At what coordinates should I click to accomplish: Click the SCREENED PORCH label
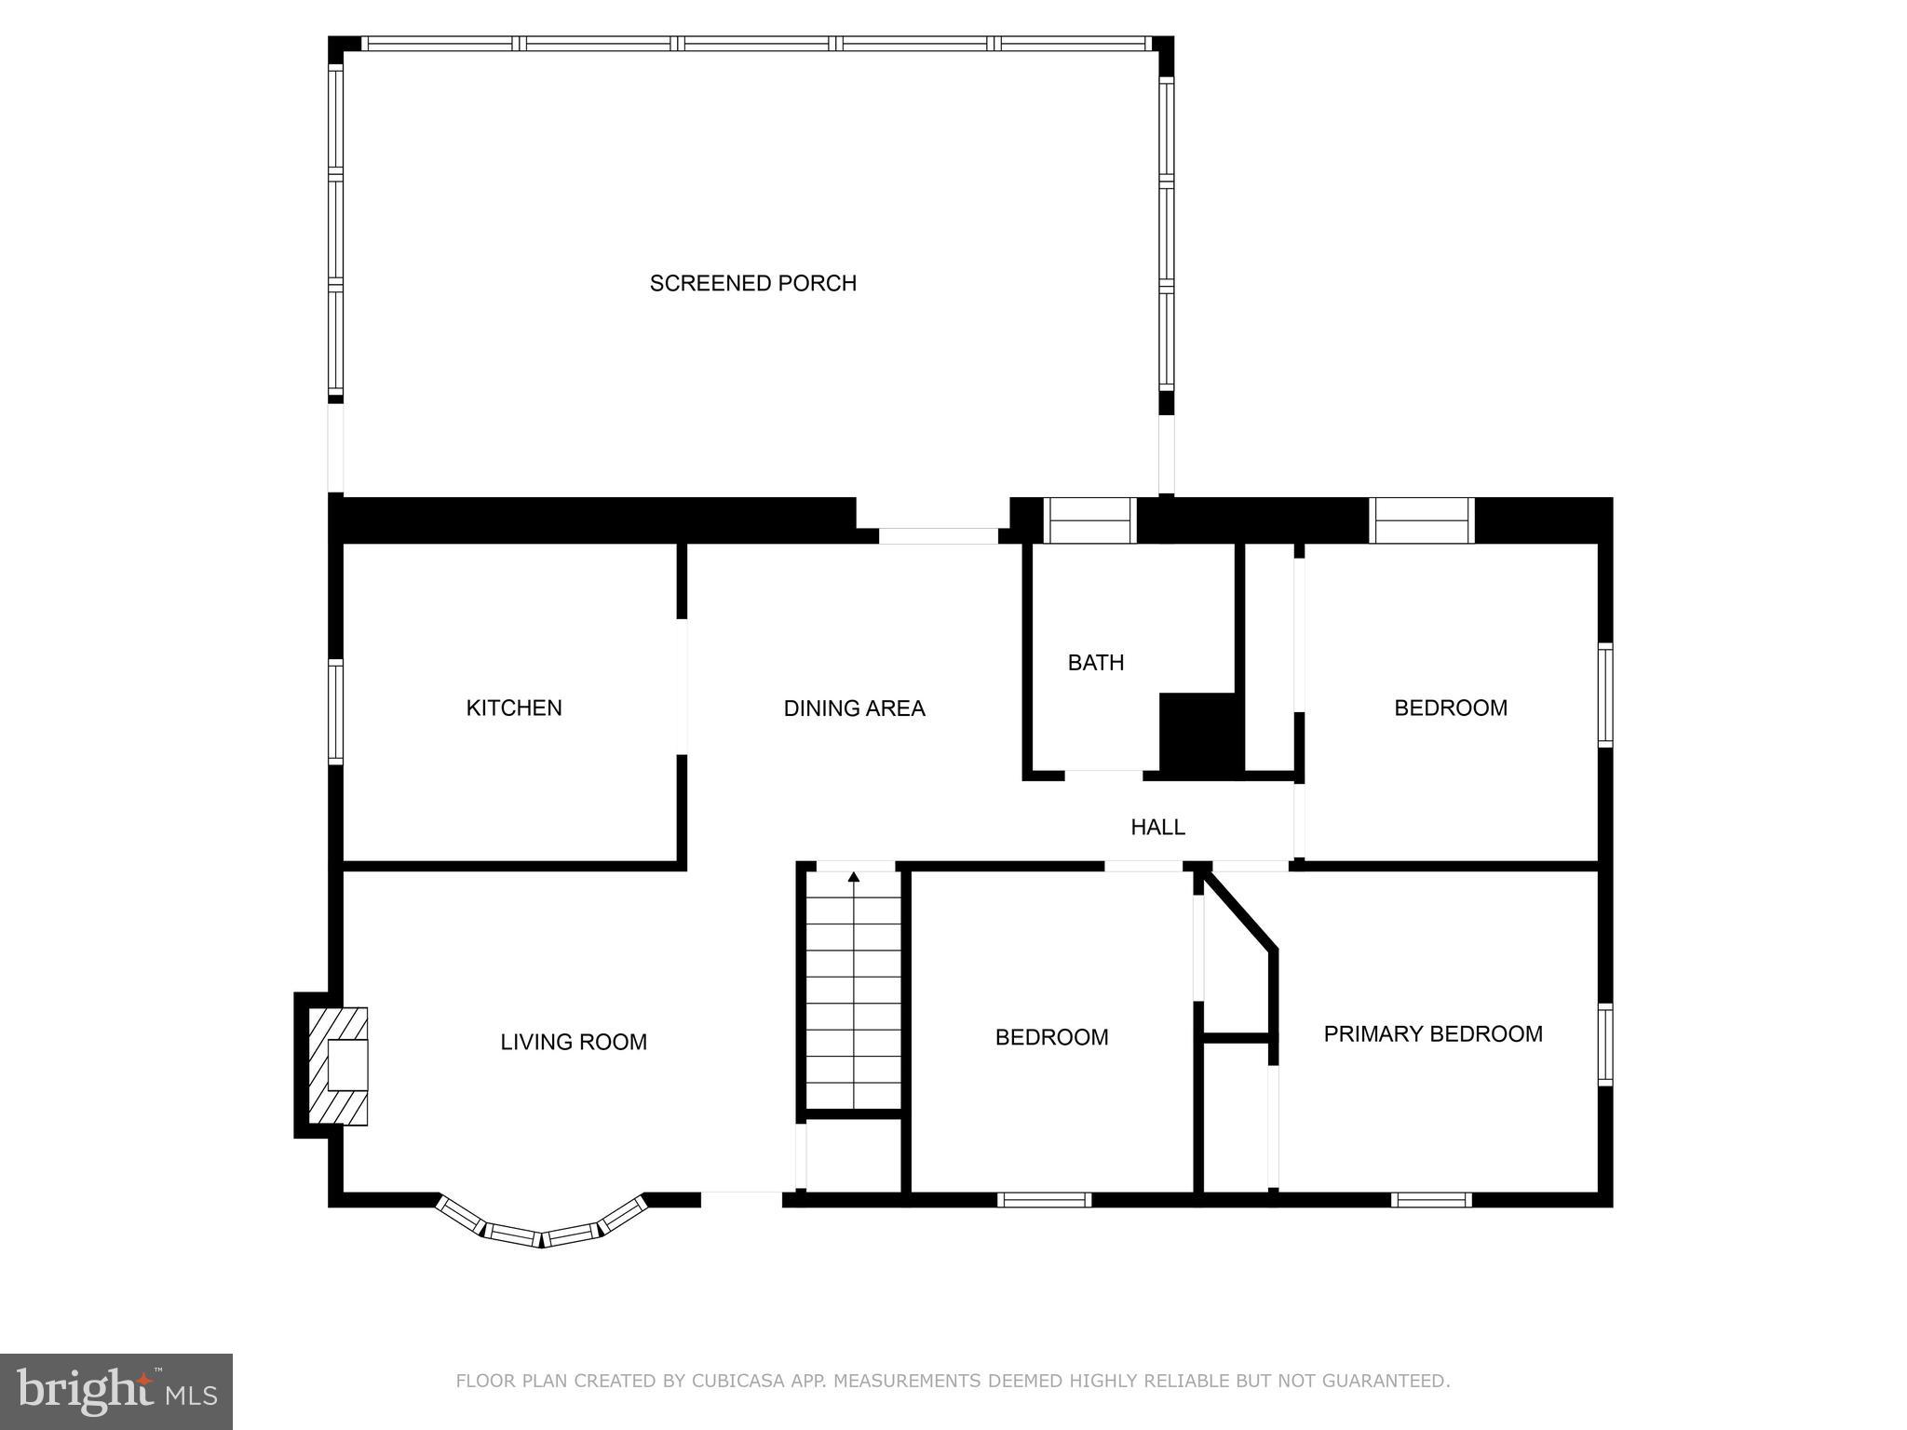pos(752,283)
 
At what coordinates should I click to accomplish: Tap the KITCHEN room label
pos(514,708)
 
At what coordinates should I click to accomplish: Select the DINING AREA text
pos(854,708)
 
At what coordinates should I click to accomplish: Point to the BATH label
pos(1095,663)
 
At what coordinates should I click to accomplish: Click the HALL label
pos(1157,827)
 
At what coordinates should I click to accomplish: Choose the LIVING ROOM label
pos(574,1042)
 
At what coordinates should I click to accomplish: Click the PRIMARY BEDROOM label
pos(1432,1033)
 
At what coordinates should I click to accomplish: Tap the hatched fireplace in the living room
pos(340,1066)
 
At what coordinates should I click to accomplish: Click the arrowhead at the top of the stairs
pos(854,877)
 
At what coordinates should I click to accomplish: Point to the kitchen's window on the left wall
pos(335,711)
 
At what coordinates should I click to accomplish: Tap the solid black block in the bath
pos(1200,735)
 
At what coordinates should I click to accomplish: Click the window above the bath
pos(1089,520)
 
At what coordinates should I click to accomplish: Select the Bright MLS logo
pos(116,1391)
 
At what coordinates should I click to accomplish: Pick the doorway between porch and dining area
pos(938,536)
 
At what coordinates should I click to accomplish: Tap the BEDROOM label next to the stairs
pos(1051,1037)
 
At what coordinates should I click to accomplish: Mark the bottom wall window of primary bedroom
pos(1431,1200)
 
